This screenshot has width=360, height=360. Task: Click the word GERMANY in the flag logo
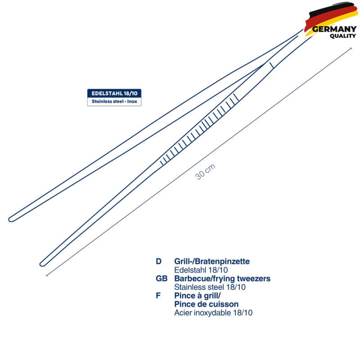pos(334,29)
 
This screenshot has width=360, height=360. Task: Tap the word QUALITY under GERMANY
pos(343,36)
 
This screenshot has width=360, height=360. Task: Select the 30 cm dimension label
pos(205,171)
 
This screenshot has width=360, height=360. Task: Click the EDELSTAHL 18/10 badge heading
pos(114,94)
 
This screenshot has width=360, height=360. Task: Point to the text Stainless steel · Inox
pos(114,101)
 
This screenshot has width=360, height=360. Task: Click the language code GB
pos(162,279)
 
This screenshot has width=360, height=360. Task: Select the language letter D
pos(158,261)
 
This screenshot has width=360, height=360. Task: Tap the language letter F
pos(158,296)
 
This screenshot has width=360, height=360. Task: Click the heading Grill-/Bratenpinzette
pos(212,261)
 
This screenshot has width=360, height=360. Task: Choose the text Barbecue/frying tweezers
pos(222,279)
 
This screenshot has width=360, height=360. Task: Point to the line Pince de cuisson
pos(207,304)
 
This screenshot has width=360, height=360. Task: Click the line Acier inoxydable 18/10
pos(213,313)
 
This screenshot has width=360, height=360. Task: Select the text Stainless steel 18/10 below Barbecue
pos(210,287)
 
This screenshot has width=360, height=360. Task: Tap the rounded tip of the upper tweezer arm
pos(9,220)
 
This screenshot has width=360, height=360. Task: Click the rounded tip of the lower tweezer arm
pos(41,264)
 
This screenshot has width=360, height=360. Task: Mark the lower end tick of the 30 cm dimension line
pos(47,275)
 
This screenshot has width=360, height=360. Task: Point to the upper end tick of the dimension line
pos(351,49)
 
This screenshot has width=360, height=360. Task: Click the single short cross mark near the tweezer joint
pos(272,65)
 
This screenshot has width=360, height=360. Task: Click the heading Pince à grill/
pos(198,296)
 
